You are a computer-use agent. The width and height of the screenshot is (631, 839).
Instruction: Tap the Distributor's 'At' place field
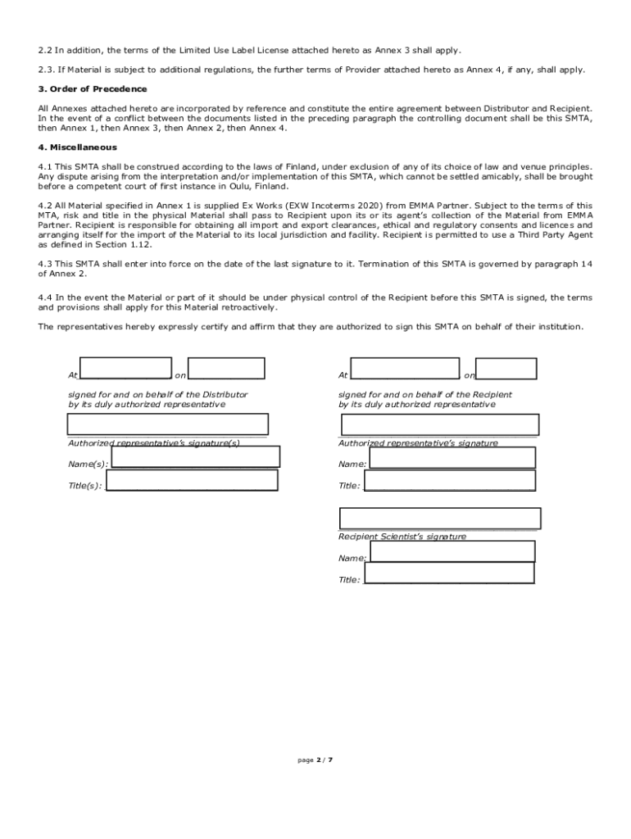[125, 369]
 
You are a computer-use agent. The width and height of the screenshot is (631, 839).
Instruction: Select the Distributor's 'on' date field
[225, 369]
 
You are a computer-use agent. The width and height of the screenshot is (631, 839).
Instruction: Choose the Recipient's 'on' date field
[506, 369]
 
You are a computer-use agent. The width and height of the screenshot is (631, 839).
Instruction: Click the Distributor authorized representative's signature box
[167, 424]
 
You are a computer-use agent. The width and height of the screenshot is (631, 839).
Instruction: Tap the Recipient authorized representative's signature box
[440, 424]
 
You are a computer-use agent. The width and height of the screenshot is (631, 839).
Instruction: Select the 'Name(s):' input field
[195, 456]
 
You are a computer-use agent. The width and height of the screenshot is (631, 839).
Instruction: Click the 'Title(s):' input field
[192, 479]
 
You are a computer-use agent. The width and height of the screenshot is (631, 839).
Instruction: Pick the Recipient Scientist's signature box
[440, 519]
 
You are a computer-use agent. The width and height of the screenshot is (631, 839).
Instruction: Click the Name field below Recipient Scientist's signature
[452, 551]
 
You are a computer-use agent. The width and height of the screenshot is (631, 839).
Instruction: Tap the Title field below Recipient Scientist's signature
[449, 573]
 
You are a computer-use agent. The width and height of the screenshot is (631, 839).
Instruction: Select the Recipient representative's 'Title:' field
[449, 480]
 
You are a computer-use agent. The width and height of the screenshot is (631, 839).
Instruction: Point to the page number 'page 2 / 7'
[315, 760]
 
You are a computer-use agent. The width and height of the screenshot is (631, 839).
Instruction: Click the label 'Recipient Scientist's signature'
[402, 537]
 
